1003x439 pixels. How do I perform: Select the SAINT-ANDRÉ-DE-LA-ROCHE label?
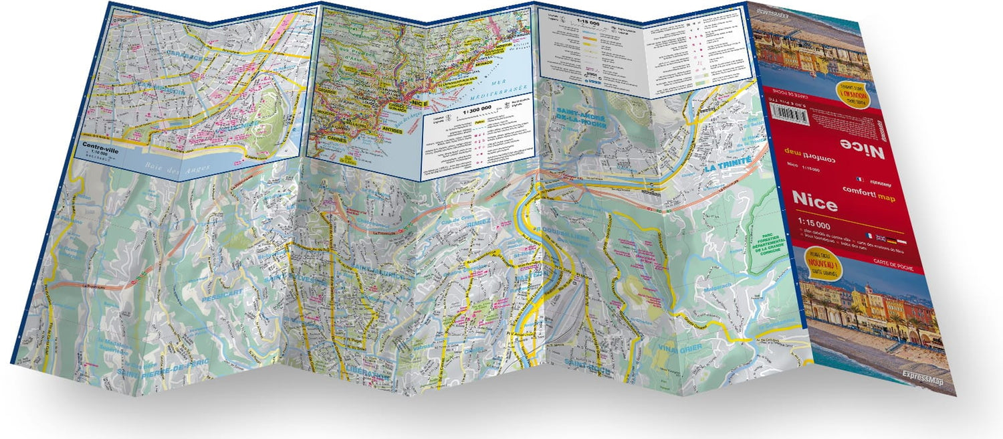581,119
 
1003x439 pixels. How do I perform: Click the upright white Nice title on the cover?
814,202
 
